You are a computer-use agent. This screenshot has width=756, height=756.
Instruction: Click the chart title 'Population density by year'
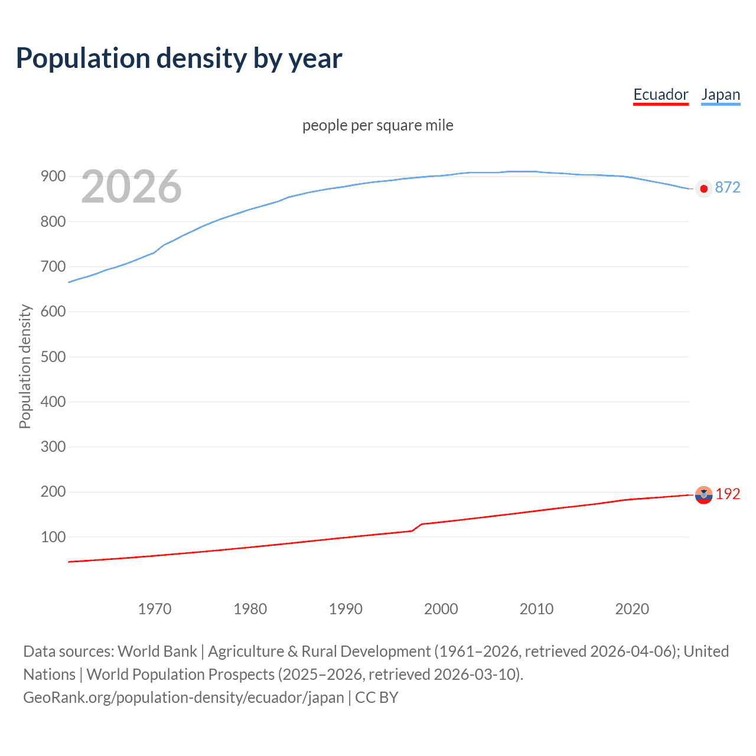(x=179, y=58)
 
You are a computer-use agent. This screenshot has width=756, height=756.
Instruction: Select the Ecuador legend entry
(x=660, y=94)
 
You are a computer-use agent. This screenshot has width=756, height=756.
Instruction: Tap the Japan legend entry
(x=721, y=94)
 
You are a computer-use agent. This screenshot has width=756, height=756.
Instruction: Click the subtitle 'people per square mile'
(x=377, y=125)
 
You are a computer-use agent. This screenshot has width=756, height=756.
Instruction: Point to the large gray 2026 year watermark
(x=131, y=187)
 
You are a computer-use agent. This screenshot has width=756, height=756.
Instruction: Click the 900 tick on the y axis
(x=53, y=177)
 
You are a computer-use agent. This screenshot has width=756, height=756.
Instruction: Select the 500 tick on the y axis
(x=53, y=357)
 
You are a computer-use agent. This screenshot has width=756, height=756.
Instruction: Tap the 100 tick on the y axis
(x=53, y=537)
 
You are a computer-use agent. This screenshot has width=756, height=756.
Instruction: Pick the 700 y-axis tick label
(x=53, y=267)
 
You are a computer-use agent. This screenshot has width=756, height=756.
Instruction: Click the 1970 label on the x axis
(x=155, y=609)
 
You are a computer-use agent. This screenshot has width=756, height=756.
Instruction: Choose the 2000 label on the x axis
(x=441, y=609)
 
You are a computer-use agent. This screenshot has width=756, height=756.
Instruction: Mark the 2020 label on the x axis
(x=632, y=609)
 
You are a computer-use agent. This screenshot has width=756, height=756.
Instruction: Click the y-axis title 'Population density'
(x=25, y=366)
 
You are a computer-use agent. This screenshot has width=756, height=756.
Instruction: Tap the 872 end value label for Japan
(x=727, y=188)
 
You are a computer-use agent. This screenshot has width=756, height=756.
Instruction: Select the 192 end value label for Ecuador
(x=728, y=494)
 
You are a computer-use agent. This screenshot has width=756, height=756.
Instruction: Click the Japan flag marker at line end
(x=703, y=189)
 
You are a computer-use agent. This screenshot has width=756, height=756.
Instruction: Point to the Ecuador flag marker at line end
(x=703, y=495)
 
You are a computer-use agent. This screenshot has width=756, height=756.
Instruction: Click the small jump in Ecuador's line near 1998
(x=417, y=527)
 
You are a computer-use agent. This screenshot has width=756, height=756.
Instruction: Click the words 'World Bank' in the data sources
(x=157, y=651)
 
